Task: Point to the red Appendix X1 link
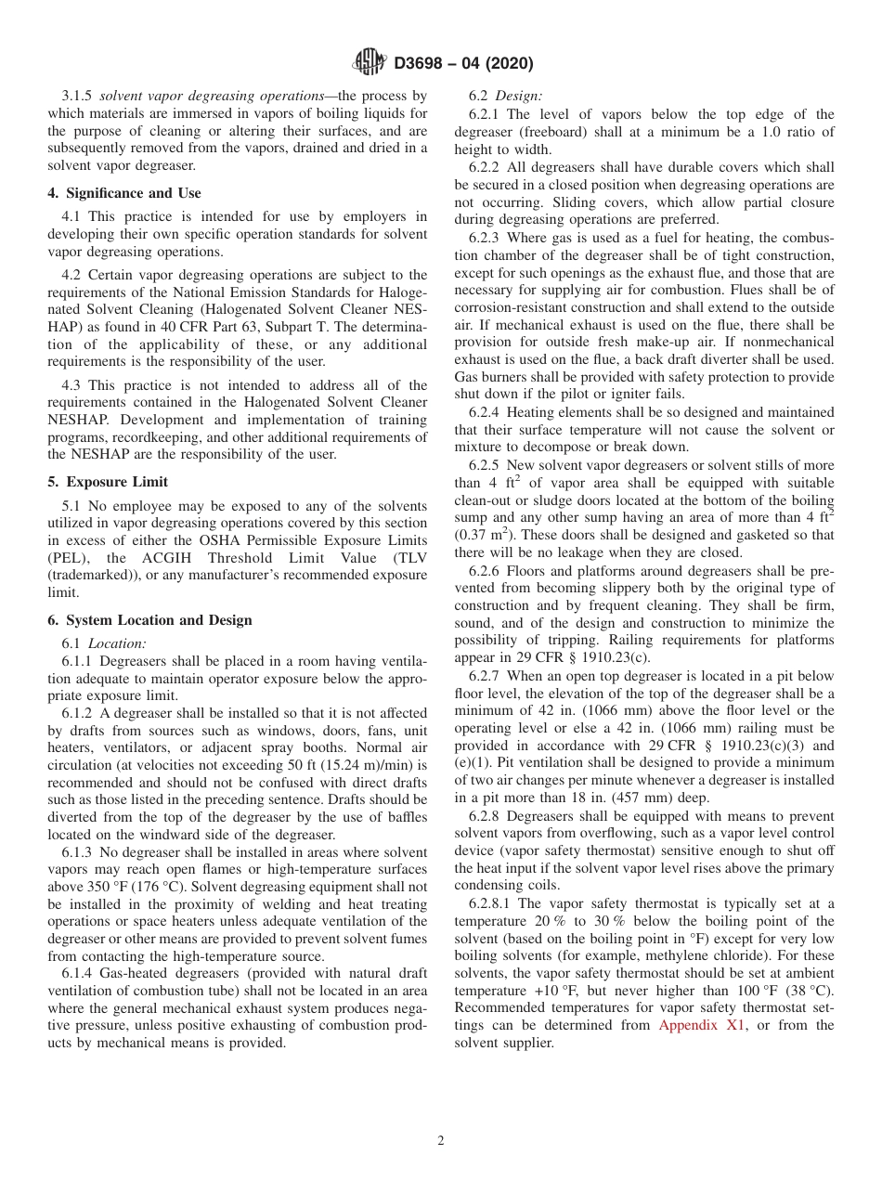(698, 1025)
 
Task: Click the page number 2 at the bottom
(441, 1141)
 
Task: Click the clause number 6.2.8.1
(491, 903)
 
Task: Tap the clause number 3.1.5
(78, 96)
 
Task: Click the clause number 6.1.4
(79, 973)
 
